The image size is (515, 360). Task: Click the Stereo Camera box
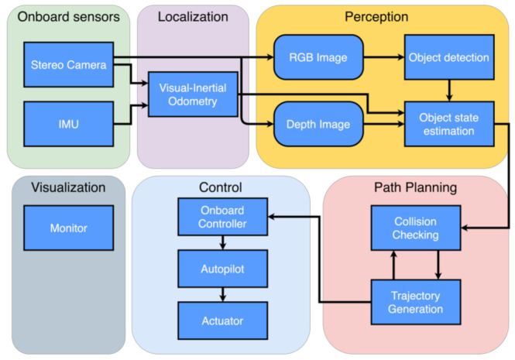click(x=68, y=65)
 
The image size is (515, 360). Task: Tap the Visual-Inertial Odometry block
click(x=193, y=94)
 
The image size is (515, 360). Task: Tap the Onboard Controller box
click(x=223, y=217)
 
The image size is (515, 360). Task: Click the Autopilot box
click(x=223, y=268)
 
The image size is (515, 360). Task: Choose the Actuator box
click(x=223, y=320)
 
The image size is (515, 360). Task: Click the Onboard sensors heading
click(x=68, y=16)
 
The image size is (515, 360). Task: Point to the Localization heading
click(x=193, y=16)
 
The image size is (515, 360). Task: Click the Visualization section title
click(x=68, y=187)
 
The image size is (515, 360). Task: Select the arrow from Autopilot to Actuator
click(x=223, y=294)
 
